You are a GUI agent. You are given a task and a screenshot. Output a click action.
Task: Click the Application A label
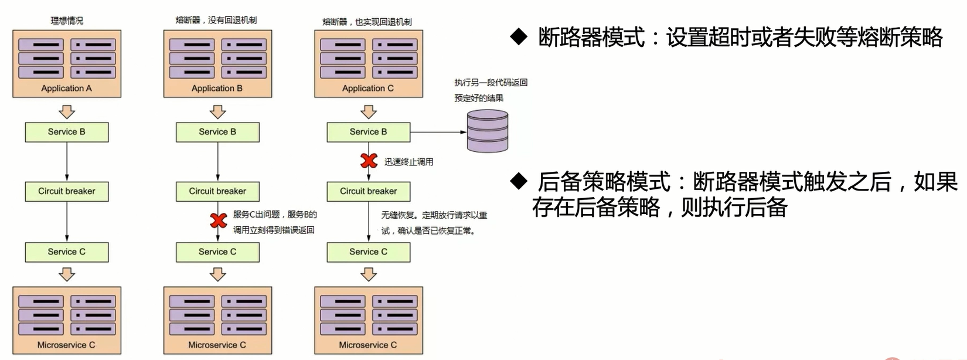(x=66, y=89)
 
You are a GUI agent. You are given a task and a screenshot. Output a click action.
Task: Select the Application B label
(x=217, y=89)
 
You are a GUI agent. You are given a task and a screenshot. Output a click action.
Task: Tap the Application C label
(x=368, y=89)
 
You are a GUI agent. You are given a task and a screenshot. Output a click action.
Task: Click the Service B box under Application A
(x=67, y=132)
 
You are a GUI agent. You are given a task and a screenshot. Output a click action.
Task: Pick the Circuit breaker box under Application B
(x=217, y=191)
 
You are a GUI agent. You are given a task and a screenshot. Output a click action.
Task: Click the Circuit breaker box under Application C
(x=369, y=191)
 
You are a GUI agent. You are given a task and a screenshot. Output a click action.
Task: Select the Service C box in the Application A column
(x=67, y=252)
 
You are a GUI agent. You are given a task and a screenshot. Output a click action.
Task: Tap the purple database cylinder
(x=487, y=131)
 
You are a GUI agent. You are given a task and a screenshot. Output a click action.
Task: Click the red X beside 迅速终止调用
(x=369, y=160)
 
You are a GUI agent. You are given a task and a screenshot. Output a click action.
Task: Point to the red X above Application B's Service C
(x=219, y=220)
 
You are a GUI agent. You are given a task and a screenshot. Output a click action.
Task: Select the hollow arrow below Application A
(x=67, y=111)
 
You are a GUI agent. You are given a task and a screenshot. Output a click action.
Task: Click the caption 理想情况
(x=67, y=21)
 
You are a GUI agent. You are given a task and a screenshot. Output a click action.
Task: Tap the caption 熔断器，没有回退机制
(x=216, y=20)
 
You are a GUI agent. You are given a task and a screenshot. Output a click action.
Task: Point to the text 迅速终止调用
(x=409, y=162)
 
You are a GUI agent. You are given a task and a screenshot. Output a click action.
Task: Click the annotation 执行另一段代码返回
(x=491, y=83)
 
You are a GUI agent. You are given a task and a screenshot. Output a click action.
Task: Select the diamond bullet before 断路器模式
(x=519, y=36)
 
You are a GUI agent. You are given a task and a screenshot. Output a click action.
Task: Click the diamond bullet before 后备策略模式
(x=519, y=181)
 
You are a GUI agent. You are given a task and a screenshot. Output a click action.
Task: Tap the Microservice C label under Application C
(x=368, y=345)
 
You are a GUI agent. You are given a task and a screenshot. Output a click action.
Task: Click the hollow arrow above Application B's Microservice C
(x=218, y=274)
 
